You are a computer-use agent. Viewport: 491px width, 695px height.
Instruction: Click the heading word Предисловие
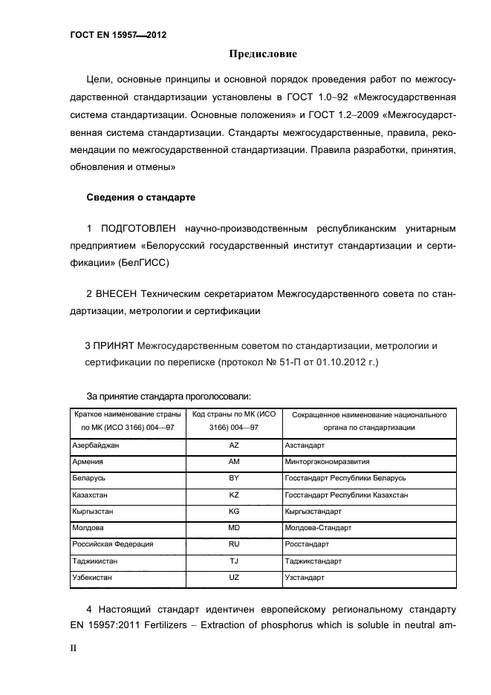(x=261, y=54)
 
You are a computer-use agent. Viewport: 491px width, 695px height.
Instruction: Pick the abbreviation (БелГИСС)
(x=143, y=262)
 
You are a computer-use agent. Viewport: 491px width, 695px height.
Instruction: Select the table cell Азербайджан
(x=95, y=446)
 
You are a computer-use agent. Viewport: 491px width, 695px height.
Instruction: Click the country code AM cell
(x=233, y=461)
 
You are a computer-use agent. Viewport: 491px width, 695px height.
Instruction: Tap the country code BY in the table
(x=233, y=478)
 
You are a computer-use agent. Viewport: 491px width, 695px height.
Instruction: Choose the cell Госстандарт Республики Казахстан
(x=346, y=495)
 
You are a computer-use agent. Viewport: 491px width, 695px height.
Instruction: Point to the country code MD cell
(x=233, y=527)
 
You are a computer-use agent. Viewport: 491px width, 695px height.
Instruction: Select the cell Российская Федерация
(x=112, y=544)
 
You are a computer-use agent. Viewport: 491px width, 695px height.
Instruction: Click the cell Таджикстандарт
(x=313, y=561)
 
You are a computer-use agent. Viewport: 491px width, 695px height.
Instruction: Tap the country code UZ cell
(x=233, y=577)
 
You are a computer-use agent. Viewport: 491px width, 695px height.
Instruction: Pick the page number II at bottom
(x=74, y=647)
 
